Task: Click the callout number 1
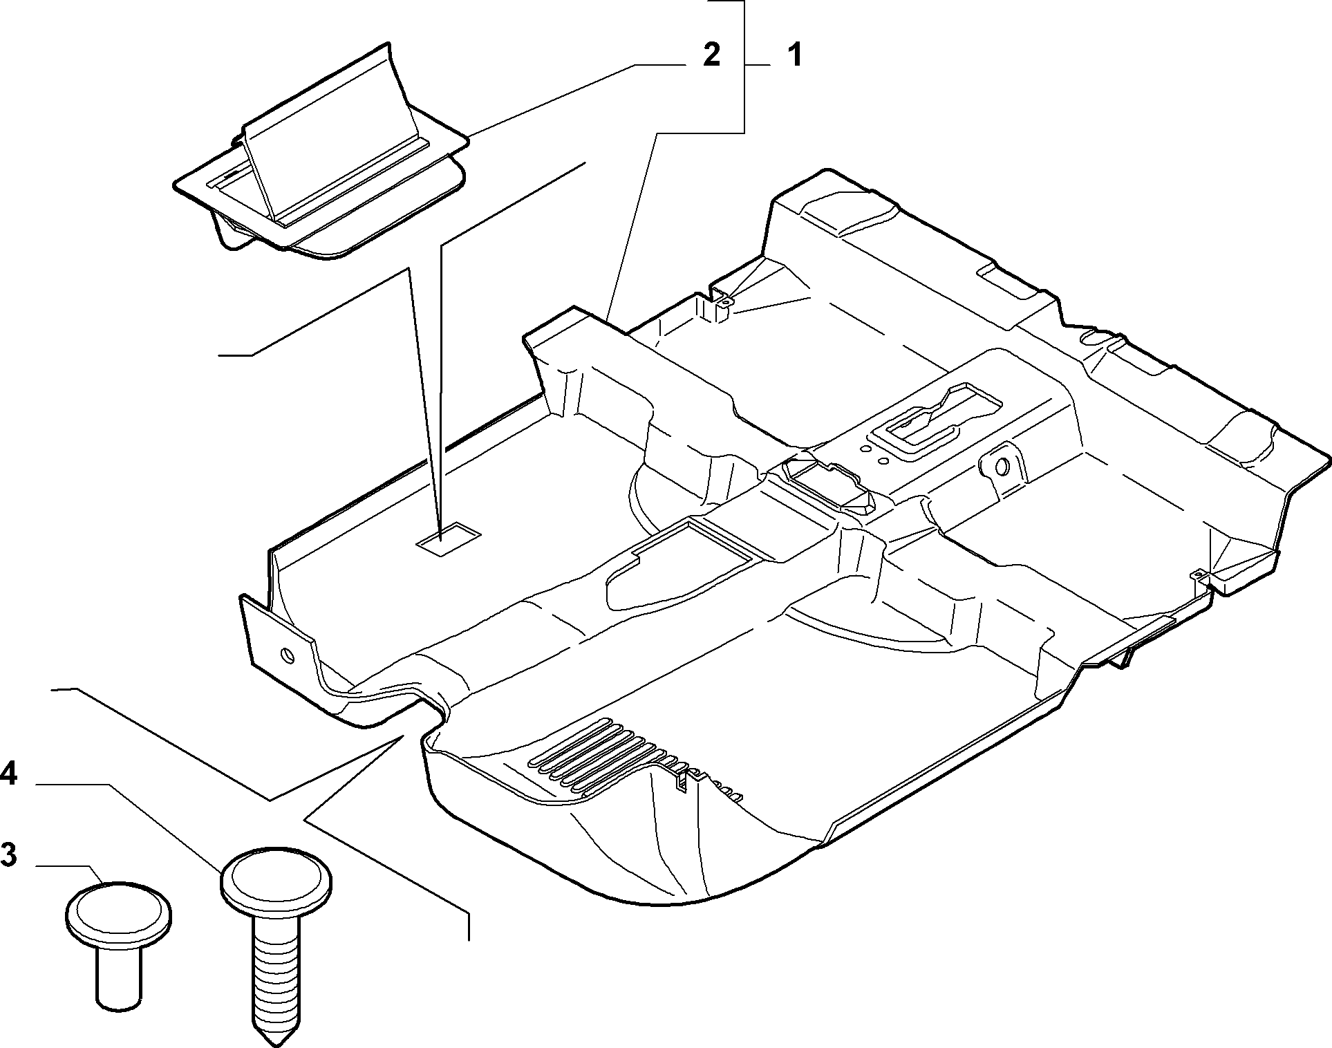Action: (796, 55)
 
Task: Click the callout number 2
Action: (711, 55)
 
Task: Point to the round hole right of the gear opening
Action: (1002, 467)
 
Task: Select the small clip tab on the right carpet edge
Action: (1198, 574)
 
